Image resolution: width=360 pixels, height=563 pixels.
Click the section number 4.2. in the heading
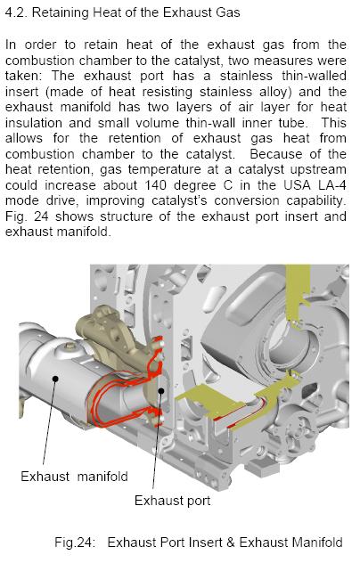tap(17, 12)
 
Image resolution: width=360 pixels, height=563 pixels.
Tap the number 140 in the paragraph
tap(156, 185)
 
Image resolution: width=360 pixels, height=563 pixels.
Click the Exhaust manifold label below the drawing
tap(74, 477)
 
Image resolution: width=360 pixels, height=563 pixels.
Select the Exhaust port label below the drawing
tap(173, 501)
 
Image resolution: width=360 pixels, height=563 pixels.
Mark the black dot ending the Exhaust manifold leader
tap(55, 378)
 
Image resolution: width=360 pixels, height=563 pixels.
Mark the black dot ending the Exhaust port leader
tap(161, 391)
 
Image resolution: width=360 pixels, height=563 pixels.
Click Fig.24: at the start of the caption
tap(75, 543)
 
